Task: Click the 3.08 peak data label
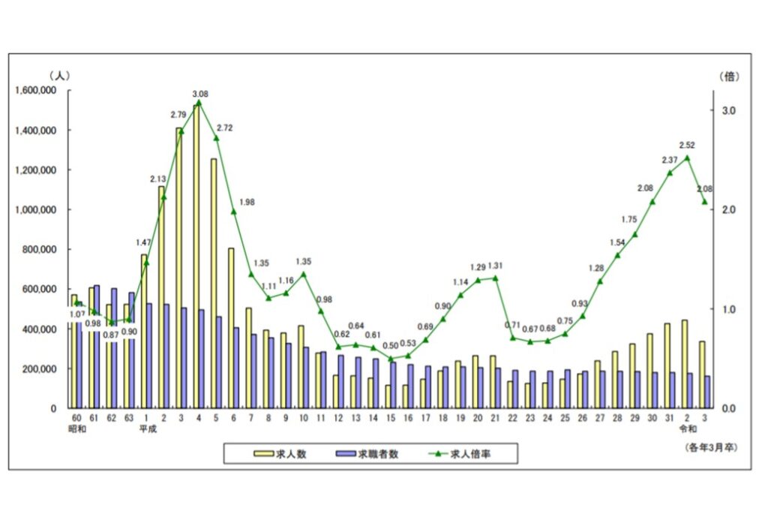[199, 94]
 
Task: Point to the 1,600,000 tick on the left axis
[37, 91]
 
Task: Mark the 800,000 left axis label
[42, 250]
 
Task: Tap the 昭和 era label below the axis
[76, 430]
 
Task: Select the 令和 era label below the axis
[688, 430]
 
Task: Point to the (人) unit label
[59, 76]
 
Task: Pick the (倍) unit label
[730, 76]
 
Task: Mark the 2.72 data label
[223, 128]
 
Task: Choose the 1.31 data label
[496, 266]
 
